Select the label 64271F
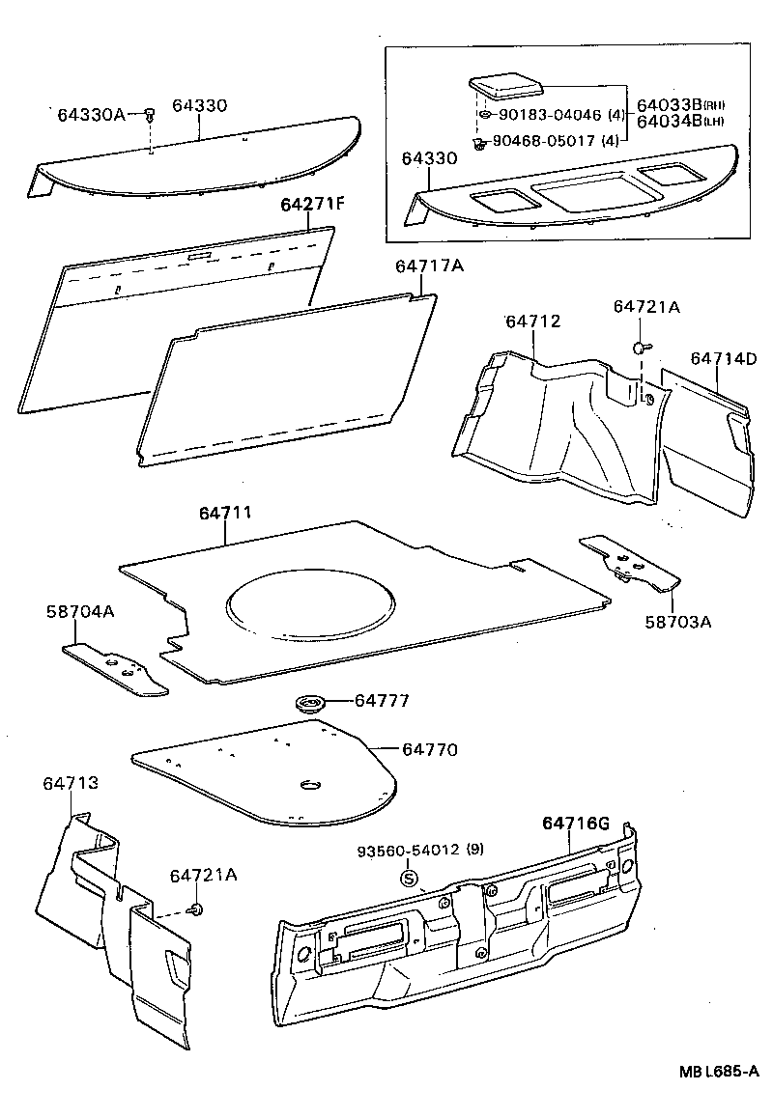[x=312, y=205]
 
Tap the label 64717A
[x=428, y=266]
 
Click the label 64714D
[x=723, y=359]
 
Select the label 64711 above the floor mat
[x=225, y=513]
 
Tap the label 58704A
[x=80, y=612]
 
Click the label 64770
[x=430, y=749]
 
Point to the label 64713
[x=70, y=783]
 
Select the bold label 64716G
[x=575, y=823]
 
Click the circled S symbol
[x=409, y=879]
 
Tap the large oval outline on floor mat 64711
[x=310, y=608]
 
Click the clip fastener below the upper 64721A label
[x=640, y=347]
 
